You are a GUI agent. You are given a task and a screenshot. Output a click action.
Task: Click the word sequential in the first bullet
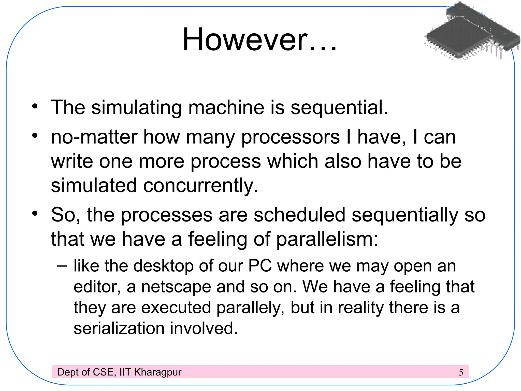coord(339,108)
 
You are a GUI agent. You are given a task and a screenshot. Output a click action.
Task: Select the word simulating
coord(136,108)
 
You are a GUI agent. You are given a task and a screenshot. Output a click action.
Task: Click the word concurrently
coord(200,185)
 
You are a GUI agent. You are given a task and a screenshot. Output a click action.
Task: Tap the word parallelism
coord(327,239)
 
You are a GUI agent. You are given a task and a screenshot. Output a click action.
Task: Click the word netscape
coord(176,287)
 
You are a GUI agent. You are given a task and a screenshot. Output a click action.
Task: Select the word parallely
coord(250,308)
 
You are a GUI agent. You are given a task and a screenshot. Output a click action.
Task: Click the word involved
coord(204,328)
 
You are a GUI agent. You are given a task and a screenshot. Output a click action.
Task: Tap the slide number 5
coord(461,372)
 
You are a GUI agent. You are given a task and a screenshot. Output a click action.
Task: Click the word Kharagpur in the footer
coord(158,372)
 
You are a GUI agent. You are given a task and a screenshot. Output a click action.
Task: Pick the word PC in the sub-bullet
coord(260,266)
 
